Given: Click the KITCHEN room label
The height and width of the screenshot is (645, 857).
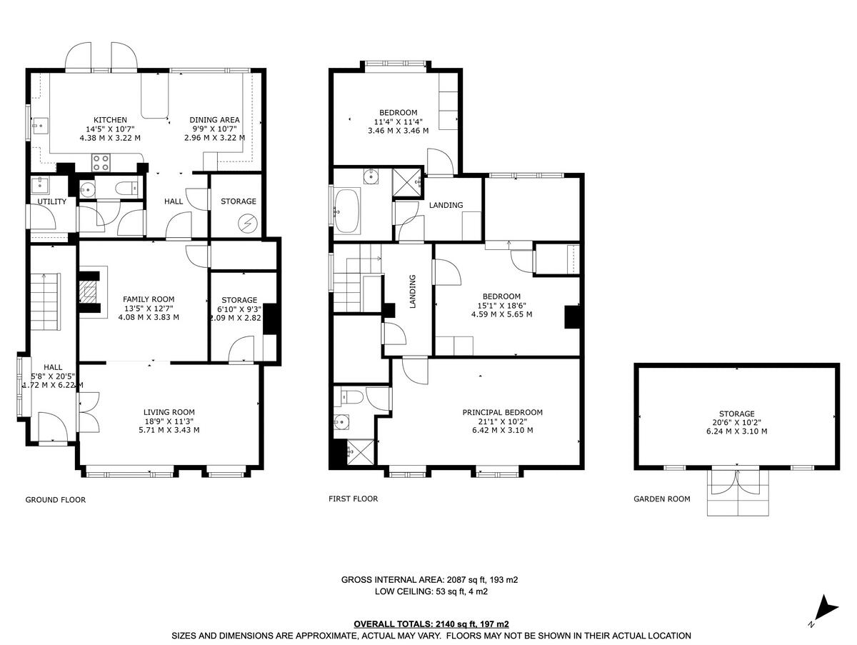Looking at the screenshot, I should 110,119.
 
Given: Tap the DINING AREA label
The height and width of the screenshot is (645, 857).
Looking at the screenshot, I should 214,119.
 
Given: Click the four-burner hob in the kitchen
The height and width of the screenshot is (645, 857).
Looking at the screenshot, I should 101,162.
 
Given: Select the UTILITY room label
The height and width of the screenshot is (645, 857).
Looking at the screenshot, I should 51,202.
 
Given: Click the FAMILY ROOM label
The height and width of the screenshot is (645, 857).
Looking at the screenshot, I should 149,299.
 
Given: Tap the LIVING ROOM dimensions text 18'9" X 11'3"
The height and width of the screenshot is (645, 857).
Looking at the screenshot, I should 169,421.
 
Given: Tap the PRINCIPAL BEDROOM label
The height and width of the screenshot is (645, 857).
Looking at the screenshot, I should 502,412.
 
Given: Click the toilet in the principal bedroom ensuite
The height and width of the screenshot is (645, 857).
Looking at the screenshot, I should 353,396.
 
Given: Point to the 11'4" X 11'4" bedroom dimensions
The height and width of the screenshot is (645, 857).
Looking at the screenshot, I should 398,121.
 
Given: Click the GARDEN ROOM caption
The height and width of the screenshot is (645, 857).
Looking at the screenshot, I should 661,499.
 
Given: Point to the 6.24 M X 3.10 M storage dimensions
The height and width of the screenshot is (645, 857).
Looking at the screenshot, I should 737,431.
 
